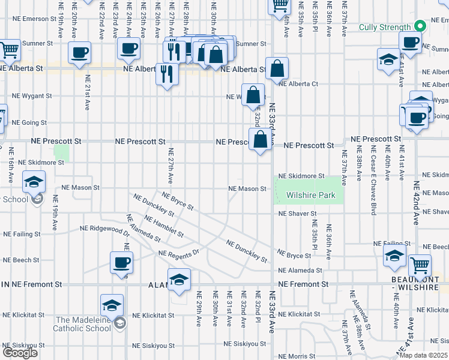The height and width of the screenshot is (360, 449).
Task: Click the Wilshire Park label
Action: coord(310,196)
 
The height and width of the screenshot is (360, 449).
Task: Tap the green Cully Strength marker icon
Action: coord(420,27)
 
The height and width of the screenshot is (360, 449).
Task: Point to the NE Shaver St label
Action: coord(297,214)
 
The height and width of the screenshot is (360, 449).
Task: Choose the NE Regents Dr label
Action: coord(178,254)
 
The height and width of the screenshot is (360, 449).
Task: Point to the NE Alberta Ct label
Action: coord(298,84)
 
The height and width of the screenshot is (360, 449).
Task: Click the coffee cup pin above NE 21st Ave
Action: coord(80,52)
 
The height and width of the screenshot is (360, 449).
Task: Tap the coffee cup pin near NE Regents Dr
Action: coord(121,263)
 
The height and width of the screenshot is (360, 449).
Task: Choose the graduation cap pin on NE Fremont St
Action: coord(179,280)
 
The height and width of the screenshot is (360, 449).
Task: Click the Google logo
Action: coord(20,353)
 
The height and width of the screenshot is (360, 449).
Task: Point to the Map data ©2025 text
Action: coord(423,355)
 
